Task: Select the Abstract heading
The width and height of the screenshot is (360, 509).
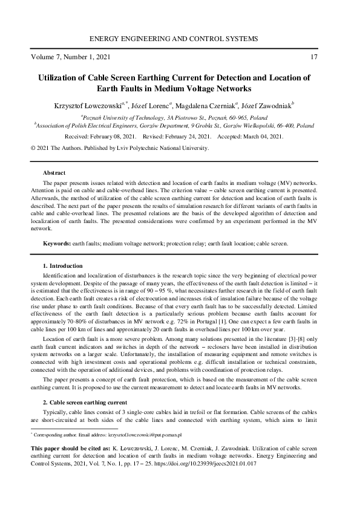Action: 54,172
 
